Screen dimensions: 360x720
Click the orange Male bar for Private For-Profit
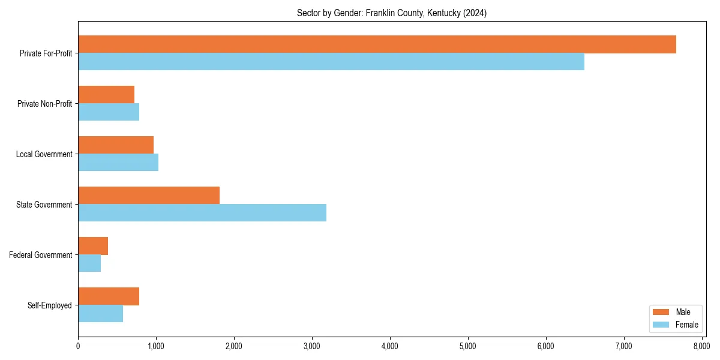[x=377, y=44]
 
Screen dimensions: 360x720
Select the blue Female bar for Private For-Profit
[x=331, y=62]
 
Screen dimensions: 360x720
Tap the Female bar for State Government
[x=202, y=213]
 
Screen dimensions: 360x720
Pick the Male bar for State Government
[x=149, y=196]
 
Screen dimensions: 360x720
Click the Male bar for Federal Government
[x=93, y=246]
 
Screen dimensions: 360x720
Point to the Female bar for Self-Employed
[x=101, y=314]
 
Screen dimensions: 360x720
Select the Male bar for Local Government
[x=116, y=145]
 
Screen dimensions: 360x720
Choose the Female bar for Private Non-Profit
[x=109, y=112]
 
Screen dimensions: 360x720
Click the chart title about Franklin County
[x=391, y=13]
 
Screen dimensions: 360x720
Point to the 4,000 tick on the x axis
[x=390, y=346]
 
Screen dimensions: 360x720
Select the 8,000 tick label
[x=701, y=346]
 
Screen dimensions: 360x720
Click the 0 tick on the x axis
[x=78, y=346]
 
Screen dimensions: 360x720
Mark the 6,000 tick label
[x=545, y=346]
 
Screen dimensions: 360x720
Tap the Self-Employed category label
[x=50, y=305]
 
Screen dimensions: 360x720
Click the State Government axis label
[x=44, y=205]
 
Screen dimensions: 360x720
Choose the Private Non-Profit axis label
[x=45, y=104]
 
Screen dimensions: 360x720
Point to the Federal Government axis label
[x=41, y=255]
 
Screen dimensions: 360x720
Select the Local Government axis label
[x=44, y=154]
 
